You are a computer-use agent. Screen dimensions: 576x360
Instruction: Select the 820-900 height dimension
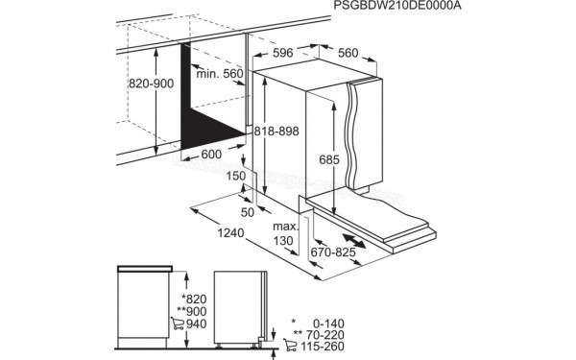pyautogui.click(x=153, y=84)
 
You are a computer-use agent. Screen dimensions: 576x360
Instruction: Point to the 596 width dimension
pyautogui.click(x=282, y=53)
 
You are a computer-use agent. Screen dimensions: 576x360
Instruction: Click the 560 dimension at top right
pyautogui.click(x=348, y=53)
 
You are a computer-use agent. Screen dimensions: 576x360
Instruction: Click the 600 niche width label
pyautogui.click(x=211, y=154)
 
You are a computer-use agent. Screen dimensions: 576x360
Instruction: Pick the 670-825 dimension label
pyautogui.click(x=334, y=252)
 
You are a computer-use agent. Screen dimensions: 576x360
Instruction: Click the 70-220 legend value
pyautogui.click(x=322, y=335)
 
